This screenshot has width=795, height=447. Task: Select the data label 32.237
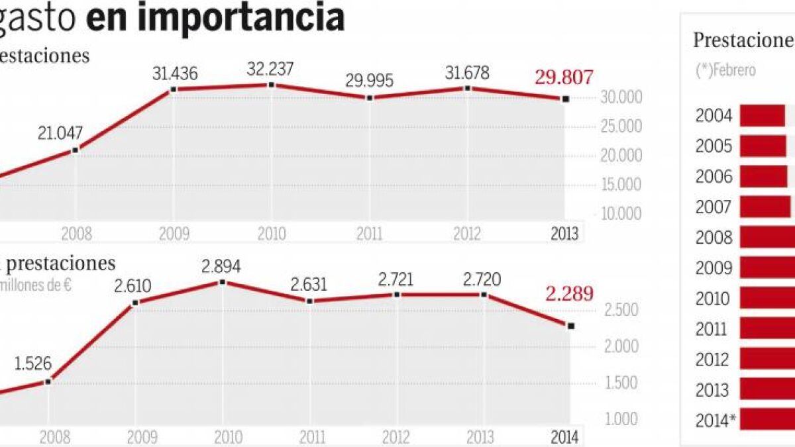(270, 68)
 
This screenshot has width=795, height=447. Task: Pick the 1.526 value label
(32, 364)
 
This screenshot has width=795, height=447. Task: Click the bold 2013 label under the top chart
(564, 234)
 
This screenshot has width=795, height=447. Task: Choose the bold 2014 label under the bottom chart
(564, 437)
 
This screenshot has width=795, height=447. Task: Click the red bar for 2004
(762, 115)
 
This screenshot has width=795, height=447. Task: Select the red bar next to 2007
(765, 207)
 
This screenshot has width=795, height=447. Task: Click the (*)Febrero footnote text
(725, 70)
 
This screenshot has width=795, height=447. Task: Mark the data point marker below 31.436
(174, 89)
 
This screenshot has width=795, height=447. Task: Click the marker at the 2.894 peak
(222, 282)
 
